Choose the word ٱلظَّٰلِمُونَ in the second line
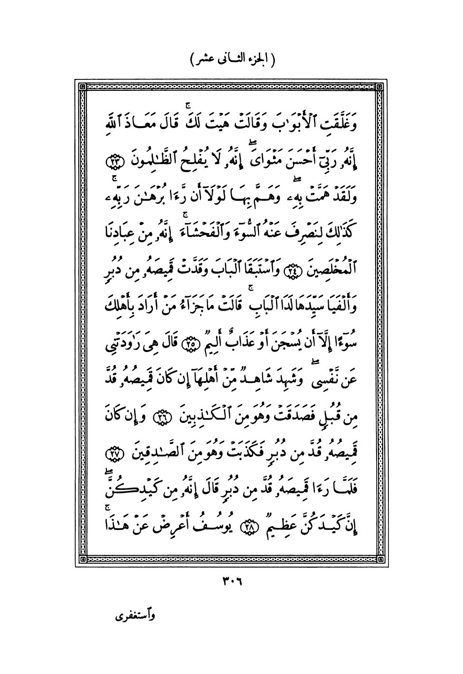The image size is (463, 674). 158,161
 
